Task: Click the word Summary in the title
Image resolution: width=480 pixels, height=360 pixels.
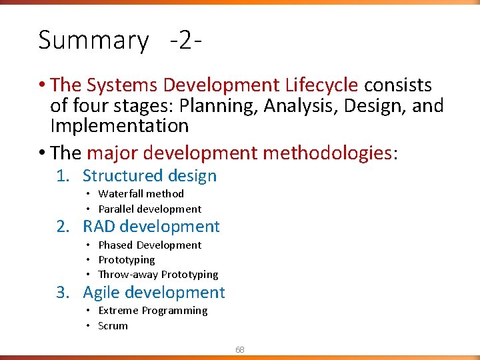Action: click(x=93, y=41)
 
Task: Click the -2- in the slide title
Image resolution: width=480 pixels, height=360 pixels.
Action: click(x=186, y=41)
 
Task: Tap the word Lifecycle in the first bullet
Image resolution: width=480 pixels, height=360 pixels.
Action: click(x=322, y=85)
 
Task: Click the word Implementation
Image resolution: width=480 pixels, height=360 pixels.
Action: click(x=119, y=125)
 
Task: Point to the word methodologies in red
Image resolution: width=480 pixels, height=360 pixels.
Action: click(x=327, y=153)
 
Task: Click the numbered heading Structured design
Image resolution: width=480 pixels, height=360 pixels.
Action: click(x=149, y=176)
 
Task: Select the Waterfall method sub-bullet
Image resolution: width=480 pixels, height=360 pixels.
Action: click(x=141, y=194)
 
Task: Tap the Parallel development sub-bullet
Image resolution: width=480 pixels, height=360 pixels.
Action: click(x=149, y=209)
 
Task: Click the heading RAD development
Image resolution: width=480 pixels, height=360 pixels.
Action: click(x=151, y=227)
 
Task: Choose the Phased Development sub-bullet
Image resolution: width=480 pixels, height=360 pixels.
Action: click(x=149, y=245)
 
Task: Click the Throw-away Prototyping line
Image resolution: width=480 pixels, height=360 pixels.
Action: click(x=158, y=275)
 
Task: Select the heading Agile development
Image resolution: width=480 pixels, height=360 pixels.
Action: click(x=153, y=293)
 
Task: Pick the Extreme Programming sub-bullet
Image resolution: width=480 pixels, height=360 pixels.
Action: click(x=153, y=311)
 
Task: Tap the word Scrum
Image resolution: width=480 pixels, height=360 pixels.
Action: click(x=113, y=326)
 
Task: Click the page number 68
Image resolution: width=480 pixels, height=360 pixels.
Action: click(x=239, y=349)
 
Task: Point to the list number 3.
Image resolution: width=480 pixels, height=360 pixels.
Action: click(x=61, y=293)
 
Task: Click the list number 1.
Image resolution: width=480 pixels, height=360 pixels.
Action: click(x=61, y=176)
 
